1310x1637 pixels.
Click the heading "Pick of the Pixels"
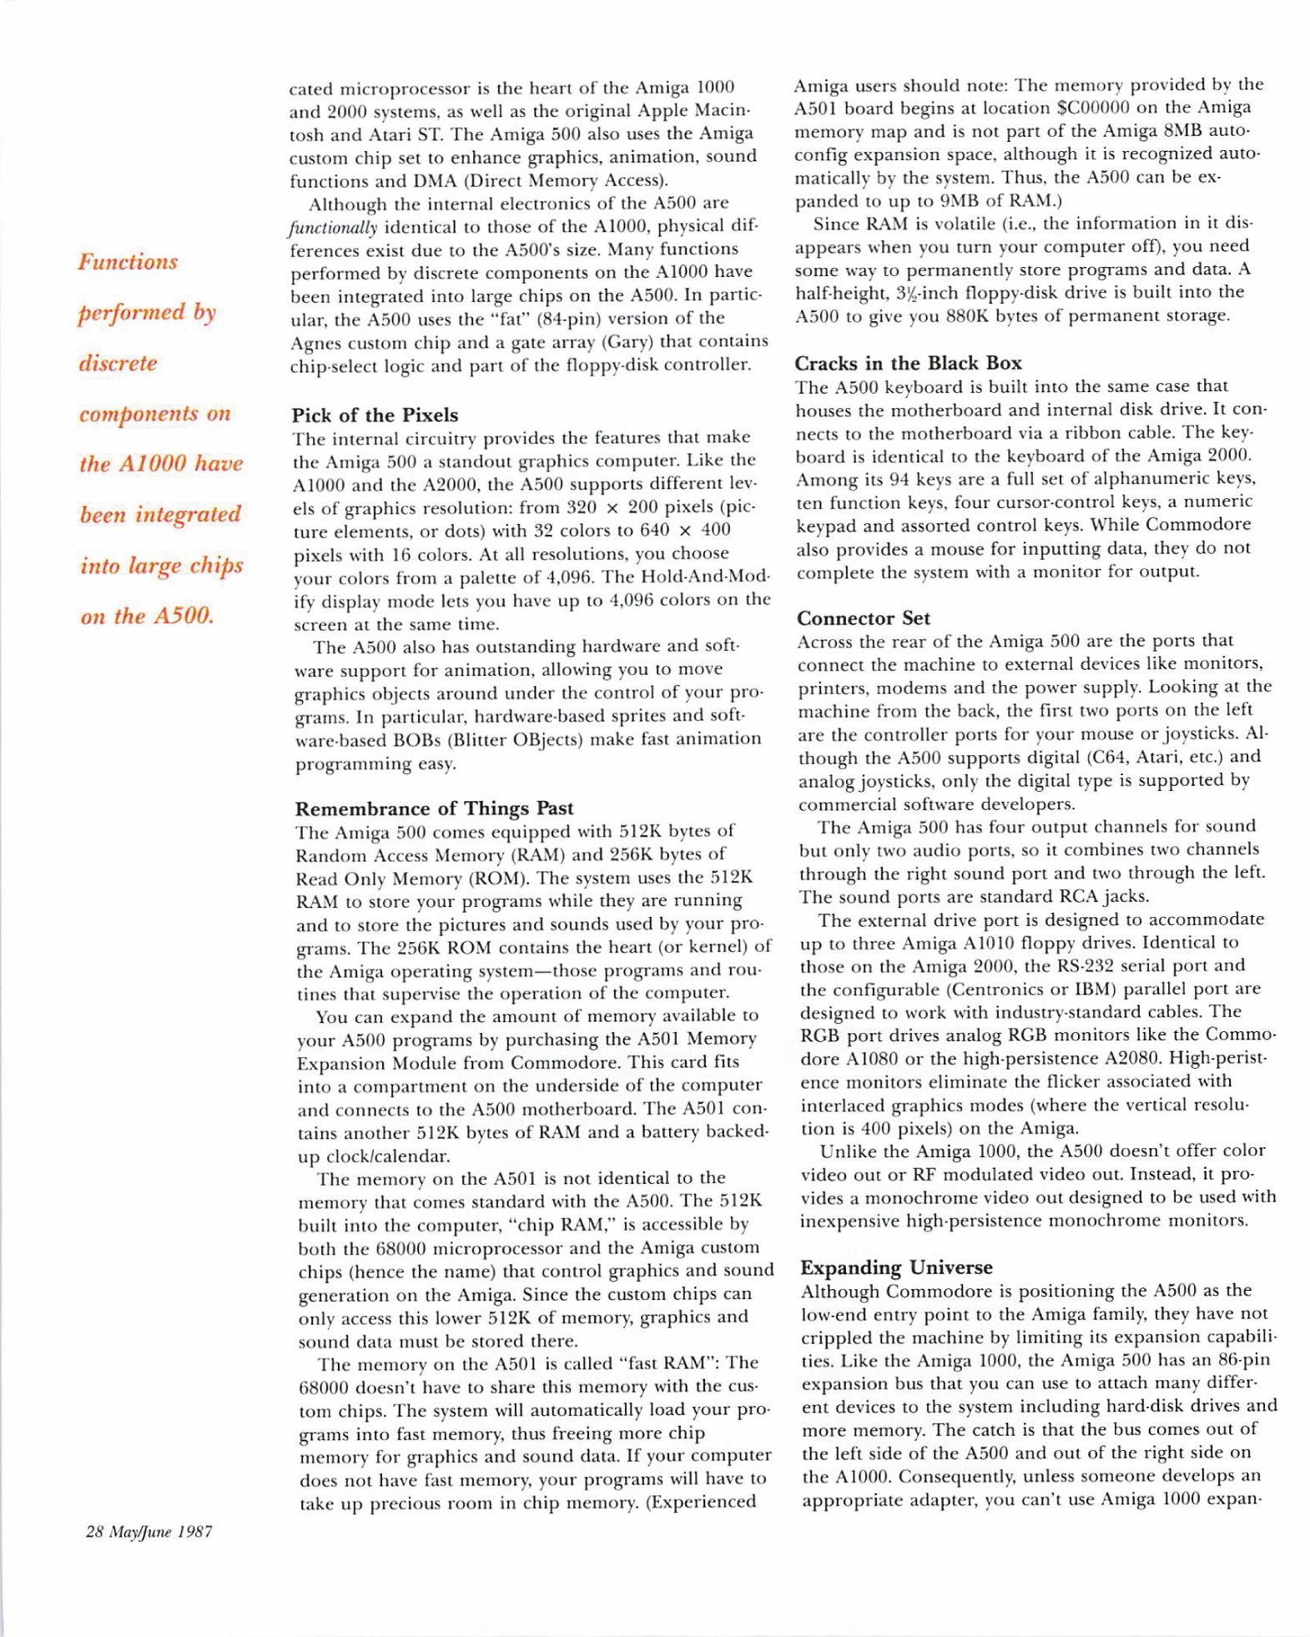click(x=375, y=416)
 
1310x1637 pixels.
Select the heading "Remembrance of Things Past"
click(x=434, y=808)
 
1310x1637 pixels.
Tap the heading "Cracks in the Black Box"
click(x=908, y=363)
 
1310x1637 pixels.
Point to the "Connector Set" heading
click(x=864, y=618)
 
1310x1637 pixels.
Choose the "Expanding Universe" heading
click(x=896, y=1267)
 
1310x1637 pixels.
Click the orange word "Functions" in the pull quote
click(x=128, y=262)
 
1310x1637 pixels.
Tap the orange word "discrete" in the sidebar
click(x=118, y=364)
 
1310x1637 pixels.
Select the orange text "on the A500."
click(x=147, y=617)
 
